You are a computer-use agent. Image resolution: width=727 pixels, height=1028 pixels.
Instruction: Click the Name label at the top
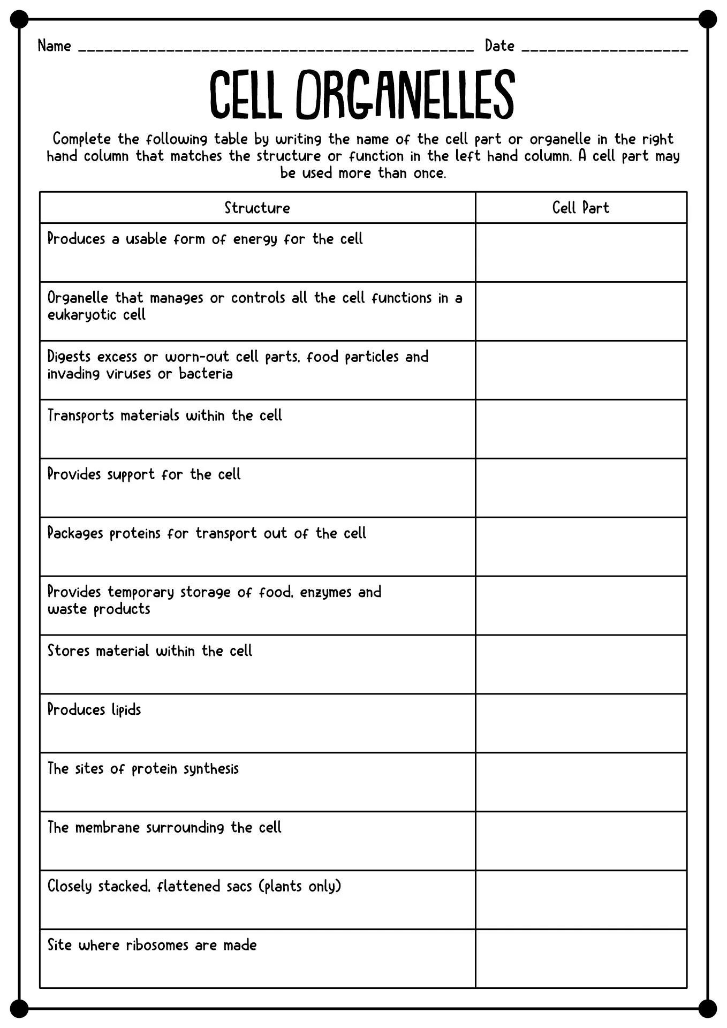54,46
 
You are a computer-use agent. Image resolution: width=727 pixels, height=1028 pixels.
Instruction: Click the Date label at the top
499,46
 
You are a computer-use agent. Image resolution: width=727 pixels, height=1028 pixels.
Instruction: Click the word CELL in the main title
246,95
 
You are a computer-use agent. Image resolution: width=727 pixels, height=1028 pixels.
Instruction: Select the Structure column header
257,208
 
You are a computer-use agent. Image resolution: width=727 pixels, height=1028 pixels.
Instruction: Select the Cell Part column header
580,208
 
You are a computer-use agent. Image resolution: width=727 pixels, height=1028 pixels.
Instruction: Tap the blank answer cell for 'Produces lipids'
581,723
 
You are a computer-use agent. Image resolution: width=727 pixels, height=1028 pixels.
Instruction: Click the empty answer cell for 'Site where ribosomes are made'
581,959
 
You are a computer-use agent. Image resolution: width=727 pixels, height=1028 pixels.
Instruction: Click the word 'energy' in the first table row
255,239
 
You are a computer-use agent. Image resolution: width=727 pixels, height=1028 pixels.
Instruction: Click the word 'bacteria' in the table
206,374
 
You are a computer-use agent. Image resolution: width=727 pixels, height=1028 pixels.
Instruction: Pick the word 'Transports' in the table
81,416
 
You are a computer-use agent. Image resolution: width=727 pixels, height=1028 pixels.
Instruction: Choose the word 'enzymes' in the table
325,593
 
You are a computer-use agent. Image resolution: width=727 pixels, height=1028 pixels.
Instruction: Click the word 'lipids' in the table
126,710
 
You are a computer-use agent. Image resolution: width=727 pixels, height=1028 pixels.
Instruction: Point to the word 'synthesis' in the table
211,769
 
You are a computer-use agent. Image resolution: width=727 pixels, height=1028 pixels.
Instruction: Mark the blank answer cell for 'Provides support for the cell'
581,488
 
